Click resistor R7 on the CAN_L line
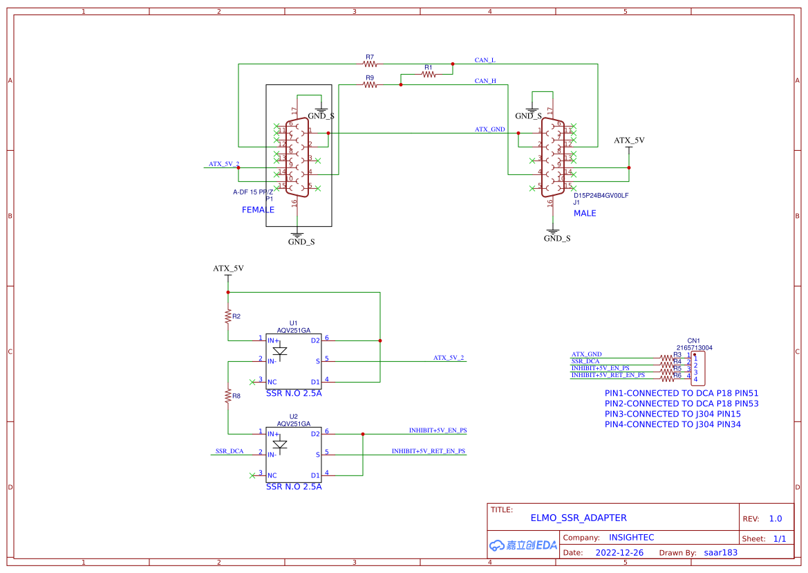pyautogui.click(x=370, y=64)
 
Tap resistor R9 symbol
pyautogui.click(x=370, y=85)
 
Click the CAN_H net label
pyautogui.click(x=485, y=81)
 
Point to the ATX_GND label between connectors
pyautogui.click(x=489, y=129)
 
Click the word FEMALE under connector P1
pyautogui.click(x=258, y=210)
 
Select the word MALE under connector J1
pyautogui.click(x=585, y=213)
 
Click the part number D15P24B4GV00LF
pyautogui.click(x=601, y=195)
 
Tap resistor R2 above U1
pyautogui.click(x=227, y=316)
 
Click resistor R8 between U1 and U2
pyautogui.click(x=227, y=396)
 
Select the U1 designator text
pyautogui.click(x=293, y=323)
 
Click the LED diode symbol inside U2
pyautogui.click(x=280, y=444)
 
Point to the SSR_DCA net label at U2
pyautogui.click(x=229, y=451)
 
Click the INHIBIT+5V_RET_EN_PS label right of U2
pyautogui.click(x=429, y=451)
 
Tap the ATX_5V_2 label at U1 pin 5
pyautogui.click(x=449, y=358)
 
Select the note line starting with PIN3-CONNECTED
pyautogui.click(x=673, y=414)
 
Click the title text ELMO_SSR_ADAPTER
pyautogui.click(x=579, y=518)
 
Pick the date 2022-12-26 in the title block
pyautogui.click(x=619, y=553)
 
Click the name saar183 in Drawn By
pyautogui.click(x=720, y=553)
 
